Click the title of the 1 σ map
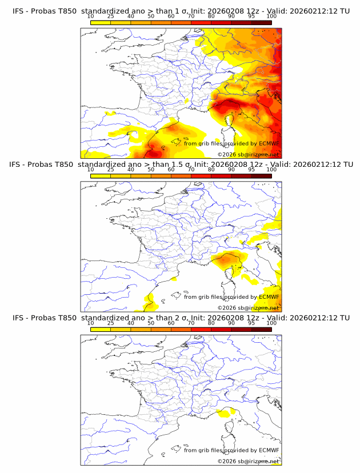[x=181, y=11]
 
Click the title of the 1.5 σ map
[x=181, y=165]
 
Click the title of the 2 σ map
[x=181, y=318]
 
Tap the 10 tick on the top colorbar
[x=91, y=16]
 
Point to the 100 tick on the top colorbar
[x=271, y=16]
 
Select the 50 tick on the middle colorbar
[x=151, y=170]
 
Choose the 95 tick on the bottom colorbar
[x=251, y=323]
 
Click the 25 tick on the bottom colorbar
[x=111, y=323]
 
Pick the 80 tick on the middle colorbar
[x=211, y=170]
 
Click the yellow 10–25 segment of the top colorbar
[x=101, y=22]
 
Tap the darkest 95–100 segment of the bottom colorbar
[x=261, y=328]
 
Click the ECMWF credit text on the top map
[x=231, y=143]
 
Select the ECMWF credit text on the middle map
[x=231, y=297]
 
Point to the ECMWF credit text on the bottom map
[x=231, y=450]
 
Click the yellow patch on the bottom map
[x=227, y=411]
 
